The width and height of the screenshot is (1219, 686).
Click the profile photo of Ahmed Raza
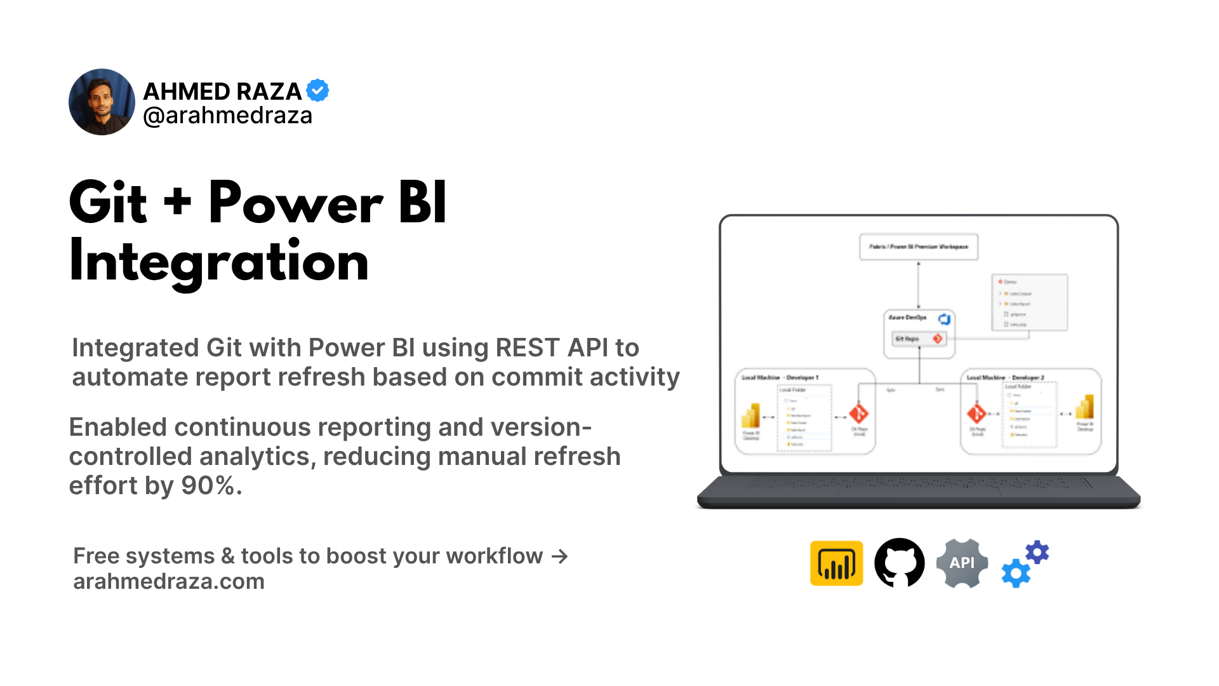[x=102, y=102]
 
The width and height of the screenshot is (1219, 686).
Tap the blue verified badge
[x=317, y=90]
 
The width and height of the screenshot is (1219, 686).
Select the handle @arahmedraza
[x=227, y=116]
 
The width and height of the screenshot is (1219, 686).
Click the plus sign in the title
[x=177, y=202]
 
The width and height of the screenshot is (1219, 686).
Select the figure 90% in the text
[x=208, y=486]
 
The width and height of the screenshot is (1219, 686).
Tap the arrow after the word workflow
[x=559, y=556]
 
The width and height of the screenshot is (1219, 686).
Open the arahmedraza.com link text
[x=168, y=582]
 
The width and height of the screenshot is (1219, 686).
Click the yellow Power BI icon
[x=836, y=563]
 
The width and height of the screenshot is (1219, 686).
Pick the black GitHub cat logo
[x=899, y=563]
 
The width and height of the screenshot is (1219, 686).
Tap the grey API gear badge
[x=962, y=563]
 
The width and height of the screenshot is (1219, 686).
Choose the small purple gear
[x=1037, y=553]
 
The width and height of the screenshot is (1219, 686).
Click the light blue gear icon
[x=1015, y=574]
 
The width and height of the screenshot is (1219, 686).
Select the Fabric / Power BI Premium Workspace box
[x=918, y=246]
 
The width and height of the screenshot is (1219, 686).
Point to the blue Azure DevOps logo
[x=944, y=319]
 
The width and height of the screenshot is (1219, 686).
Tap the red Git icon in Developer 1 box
[x=859, y=414]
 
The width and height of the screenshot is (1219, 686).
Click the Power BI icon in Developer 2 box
[x=1085, y=408]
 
